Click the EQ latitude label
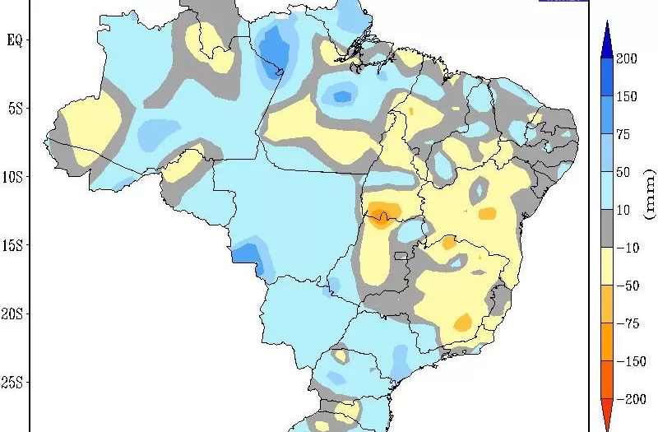click(14, 39)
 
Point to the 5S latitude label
click(14, 109)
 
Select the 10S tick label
click(12, 178)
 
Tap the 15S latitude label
click(12, 246)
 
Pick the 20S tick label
click(12, 314)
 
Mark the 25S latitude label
click(12, 383)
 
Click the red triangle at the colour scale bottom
click(605, 416)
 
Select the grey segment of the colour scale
click(605, 229)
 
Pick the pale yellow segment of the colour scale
click(605, 267)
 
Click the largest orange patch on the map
click(384, 213)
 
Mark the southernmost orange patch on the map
click(462, 321)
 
